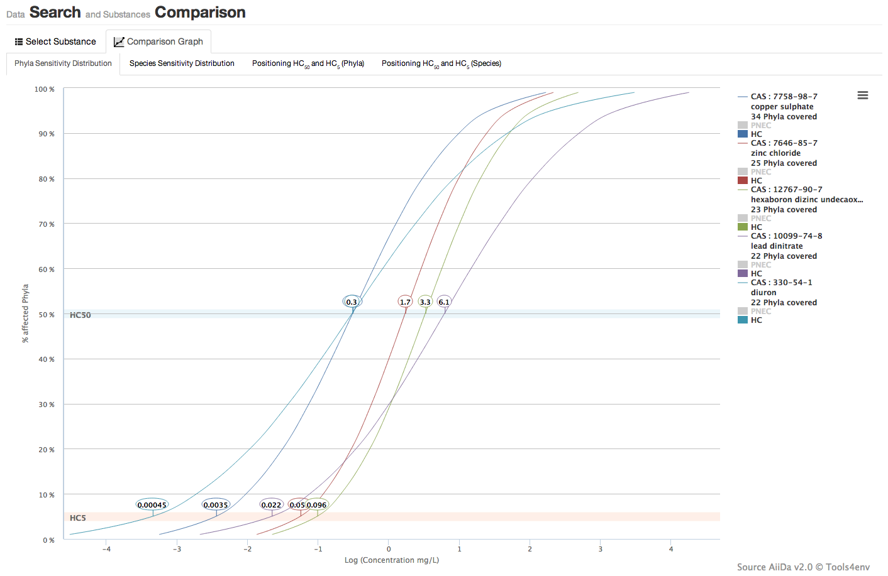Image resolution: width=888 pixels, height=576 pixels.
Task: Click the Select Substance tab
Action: point(55,41)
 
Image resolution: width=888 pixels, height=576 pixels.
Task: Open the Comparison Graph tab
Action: point(158,41)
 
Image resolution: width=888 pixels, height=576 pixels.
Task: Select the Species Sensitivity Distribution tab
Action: point(182,63)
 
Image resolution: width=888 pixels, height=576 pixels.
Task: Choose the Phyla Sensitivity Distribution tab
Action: point(63,63)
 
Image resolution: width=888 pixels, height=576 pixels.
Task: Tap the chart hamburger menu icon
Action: point(862,95)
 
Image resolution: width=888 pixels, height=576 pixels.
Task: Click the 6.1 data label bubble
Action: point(444,302)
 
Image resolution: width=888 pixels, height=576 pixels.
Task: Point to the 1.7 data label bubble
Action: point(405,302)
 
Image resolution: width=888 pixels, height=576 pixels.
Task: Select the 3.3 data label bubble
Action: point(425,302)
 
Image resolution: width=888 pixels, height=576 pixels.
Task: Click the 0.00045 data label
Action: point(152,505)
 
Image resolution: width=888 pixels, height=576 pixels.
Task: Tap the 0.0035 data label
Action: point(216,505)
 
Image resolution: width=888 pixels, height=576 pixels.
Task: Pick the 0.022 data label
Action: point(271,505)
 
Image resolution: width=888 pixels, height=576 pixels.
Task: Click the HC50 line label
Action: point(80,315)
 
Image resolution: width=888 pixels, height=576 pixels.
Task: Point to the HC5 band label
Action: point(78,518)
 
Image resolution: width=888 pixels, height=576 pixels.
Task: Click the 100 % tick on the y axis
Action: point(44,89)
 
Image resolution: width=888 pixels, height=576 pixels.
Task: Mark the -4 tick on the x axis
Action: point(107,549)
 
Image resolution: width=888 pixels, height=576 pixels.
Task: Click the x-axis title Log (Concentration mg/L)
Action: point(392,560)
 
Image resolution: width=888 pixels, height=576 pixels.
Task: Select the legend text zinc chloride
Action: point(775,153)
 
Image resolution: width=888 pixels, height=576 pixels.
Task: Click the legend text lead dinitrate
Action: point(777,246)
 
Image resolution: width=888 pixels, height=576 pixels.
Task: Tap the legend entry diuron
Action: point(763,293)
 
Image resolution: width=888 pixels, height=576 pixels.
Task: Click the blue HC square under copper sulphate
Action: point(743,134)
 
